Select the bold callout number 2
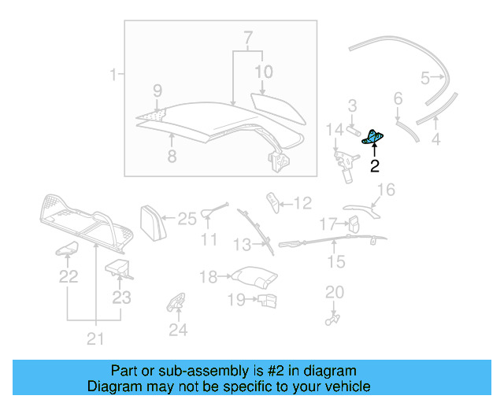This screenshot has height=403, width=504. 374,166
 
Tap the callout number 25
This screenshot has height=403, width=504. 187,219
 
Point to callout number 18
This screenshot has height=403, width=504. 208,277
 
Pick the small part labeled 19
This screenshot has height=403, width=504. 267,299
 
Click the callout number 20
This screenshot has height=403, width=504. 335,292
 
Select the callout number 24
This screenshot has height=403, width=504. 178,331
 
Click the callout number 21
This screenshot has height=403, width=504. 95,339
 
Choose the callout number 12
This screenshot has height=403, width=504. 302,203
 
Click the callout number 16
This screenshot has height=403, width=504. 385,189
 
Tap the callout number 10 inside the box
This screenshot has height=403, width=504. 263,72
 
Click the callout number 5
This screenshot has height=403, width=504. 425,78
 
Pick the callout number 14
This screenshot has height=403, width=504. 335,128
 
